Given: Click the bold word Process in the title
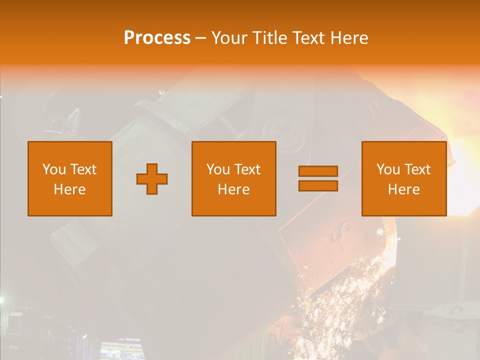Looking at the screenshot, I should pos(157,38).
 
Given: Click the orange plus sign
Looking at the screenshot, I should pos(152,179).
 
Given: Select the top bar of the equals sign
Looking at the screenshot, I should pos(318,171).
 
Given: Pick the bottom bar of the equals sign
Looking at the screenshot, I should pos(318,186).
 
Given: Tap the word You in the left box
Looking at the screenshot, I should pos(54,169).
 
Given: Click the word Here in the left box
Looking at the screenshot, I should pos(69,189).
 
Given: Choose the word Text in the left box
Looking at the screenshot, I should pos(83,169).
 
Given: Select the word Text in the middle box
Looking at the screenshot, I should pos(247,169).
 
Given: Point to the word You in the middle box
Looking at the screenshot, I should pos(218,169).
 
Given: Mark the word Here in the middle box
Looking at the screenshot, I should pos(233,189).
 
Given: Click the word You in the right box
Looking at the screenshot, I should pos(388,169).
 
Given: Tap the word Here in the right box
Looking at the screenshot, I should pos(403,189).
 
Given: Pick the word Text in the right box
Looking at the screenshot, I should pos(417,169).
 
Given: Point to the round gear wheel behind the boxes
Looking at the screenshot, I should pos(284,131).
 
